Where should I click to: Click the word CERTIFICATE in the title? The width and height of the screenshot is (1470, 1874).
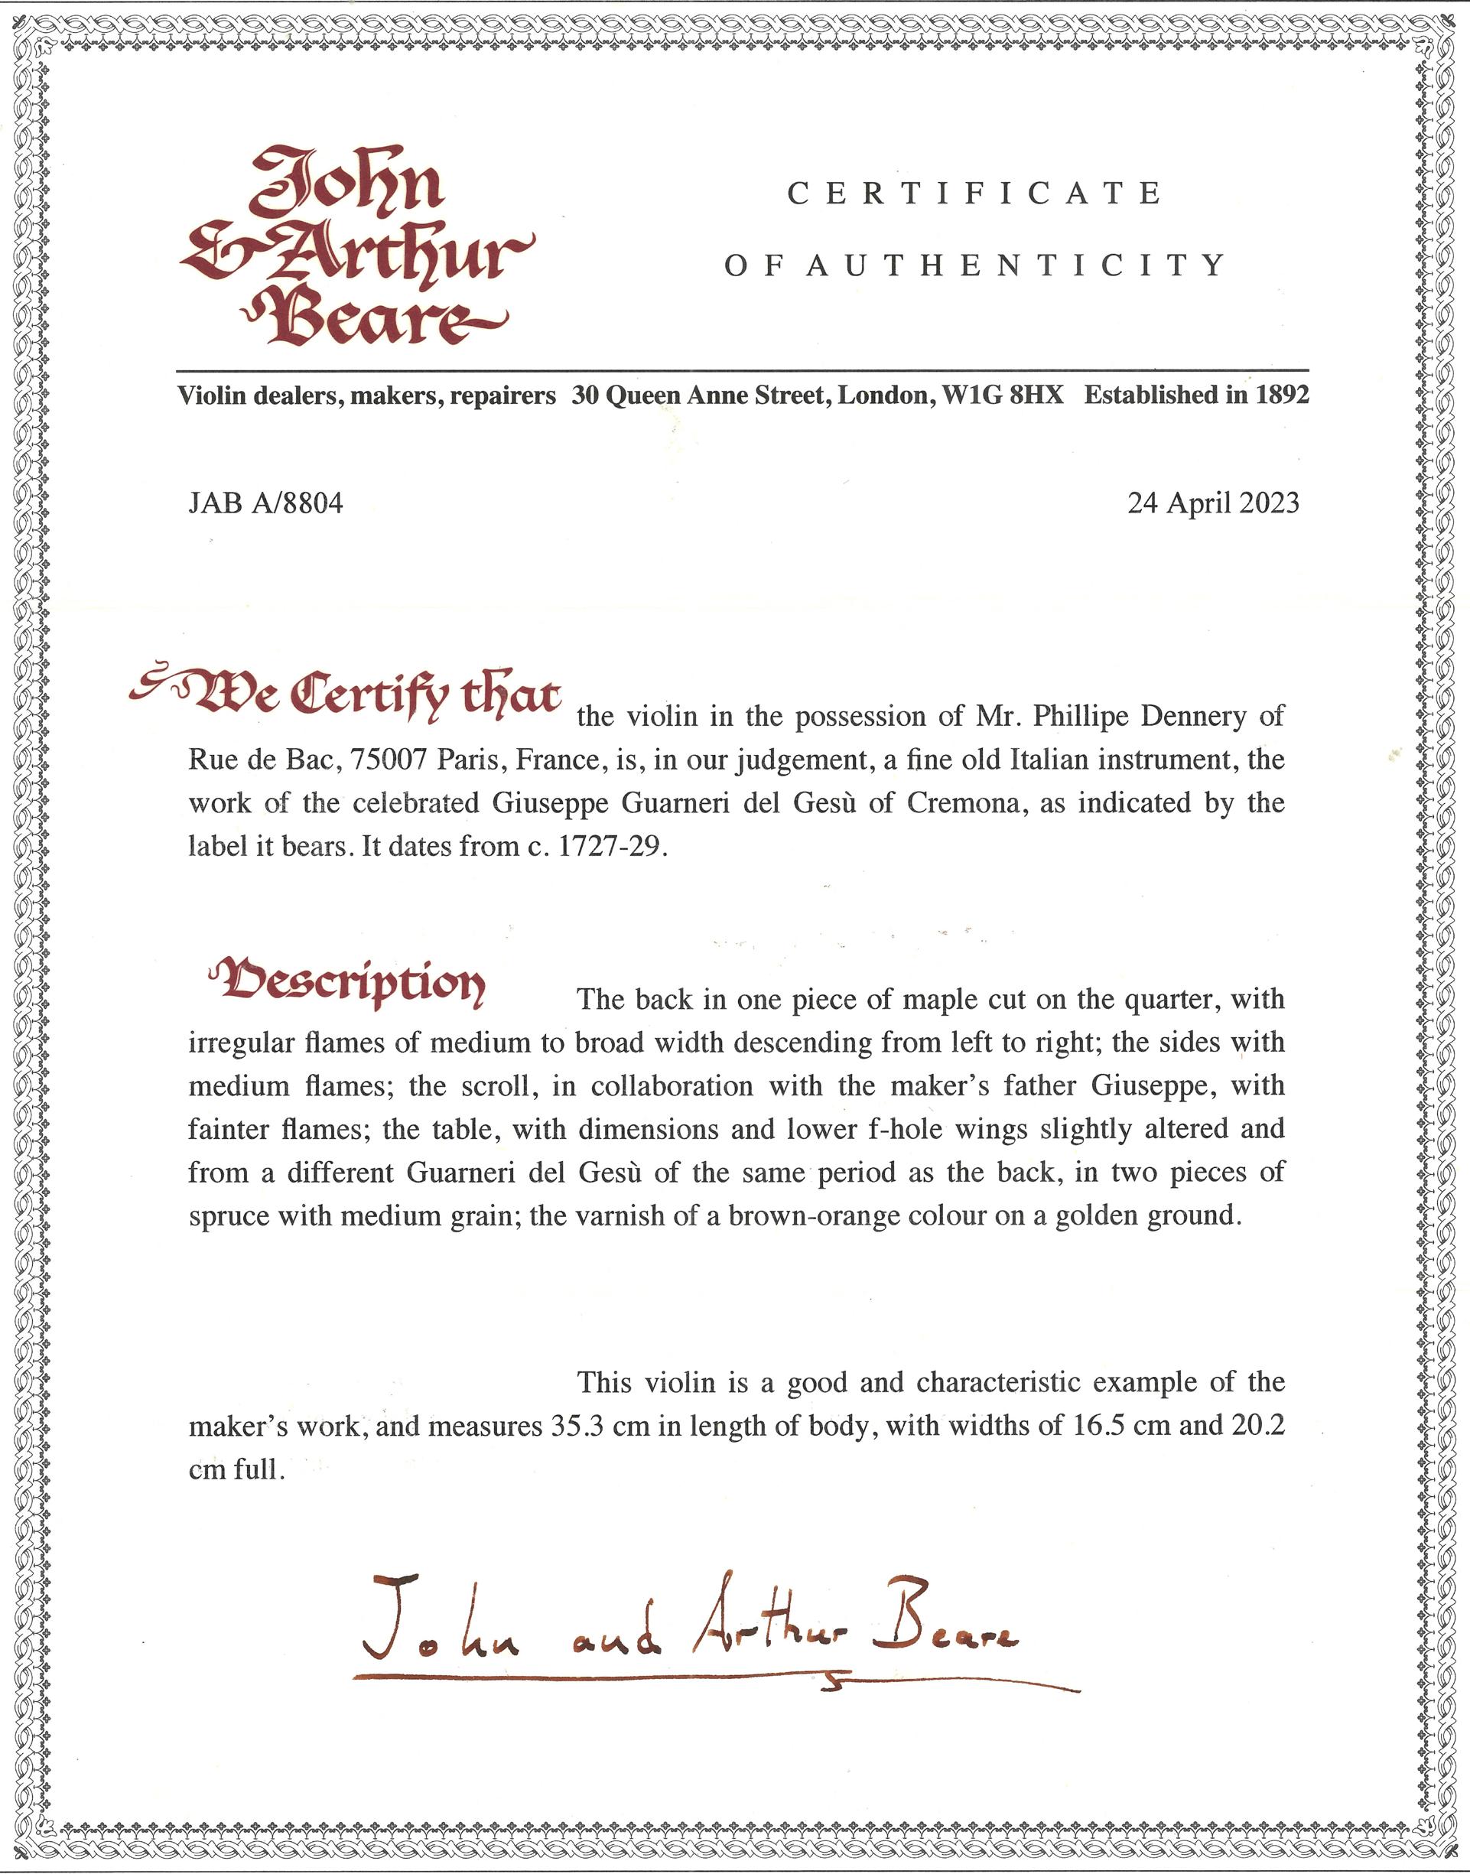pyautogui.click(x=974, y=194)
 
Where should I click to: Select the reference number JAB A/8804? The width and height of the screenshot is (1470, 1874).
pyautogui.click(x=265, y=503)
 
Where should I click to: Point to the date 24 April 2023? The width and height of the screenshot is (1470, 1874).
pyautogui.click(x=1213, y=503)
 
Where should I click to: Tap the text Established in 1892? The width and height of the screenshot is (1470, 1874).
pyautogui.click(x=1195, y=395)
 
